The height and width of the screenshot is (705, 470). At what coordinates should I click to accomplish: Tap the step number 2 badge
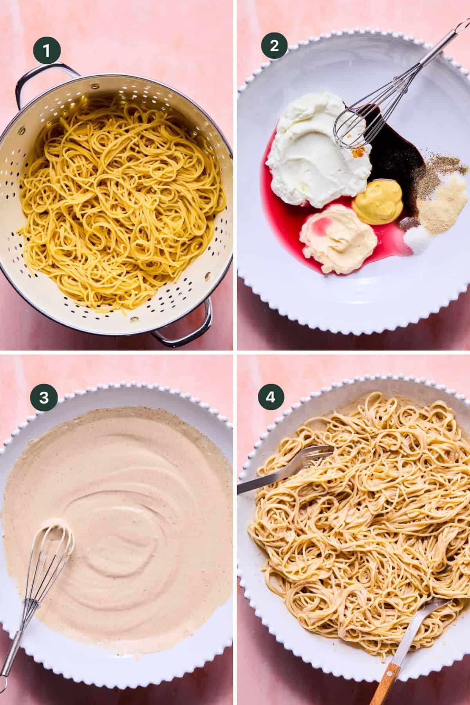274,46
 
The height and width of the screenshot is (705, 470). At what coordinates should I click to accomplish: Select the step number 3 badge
44,398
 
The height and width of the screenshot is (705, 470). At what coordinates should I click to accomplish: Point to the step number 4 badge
271,398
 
